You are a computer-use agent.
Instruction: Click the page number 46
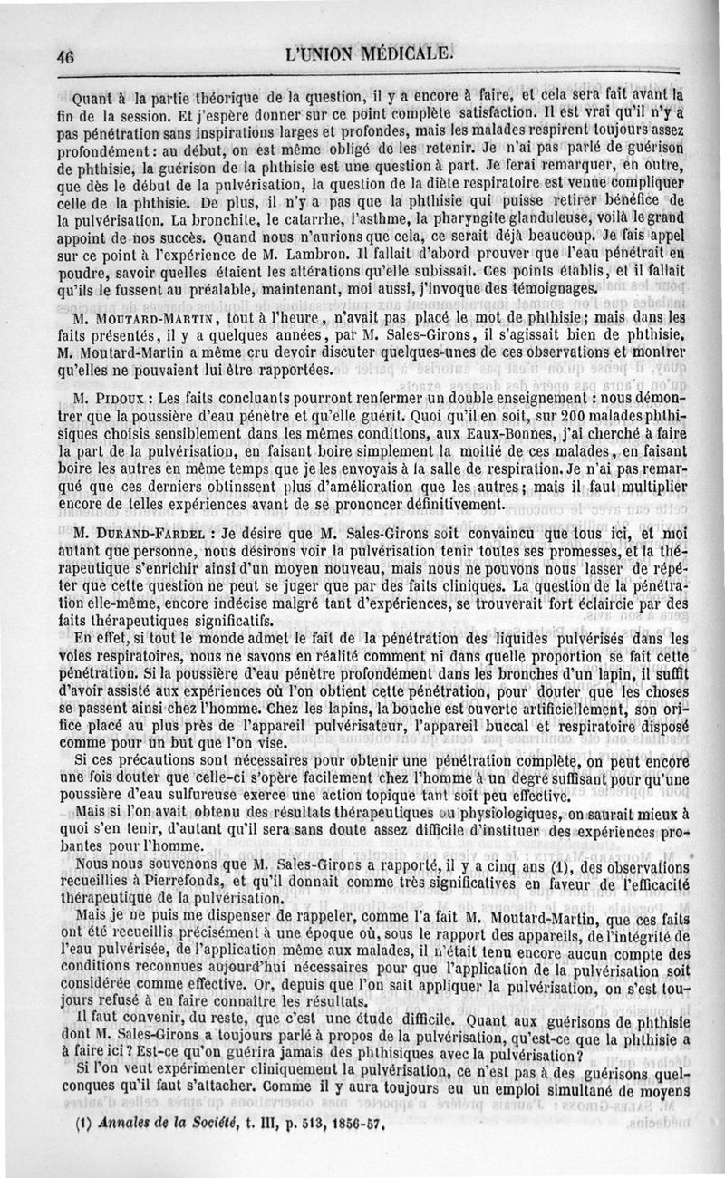(x=64, y=53)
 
